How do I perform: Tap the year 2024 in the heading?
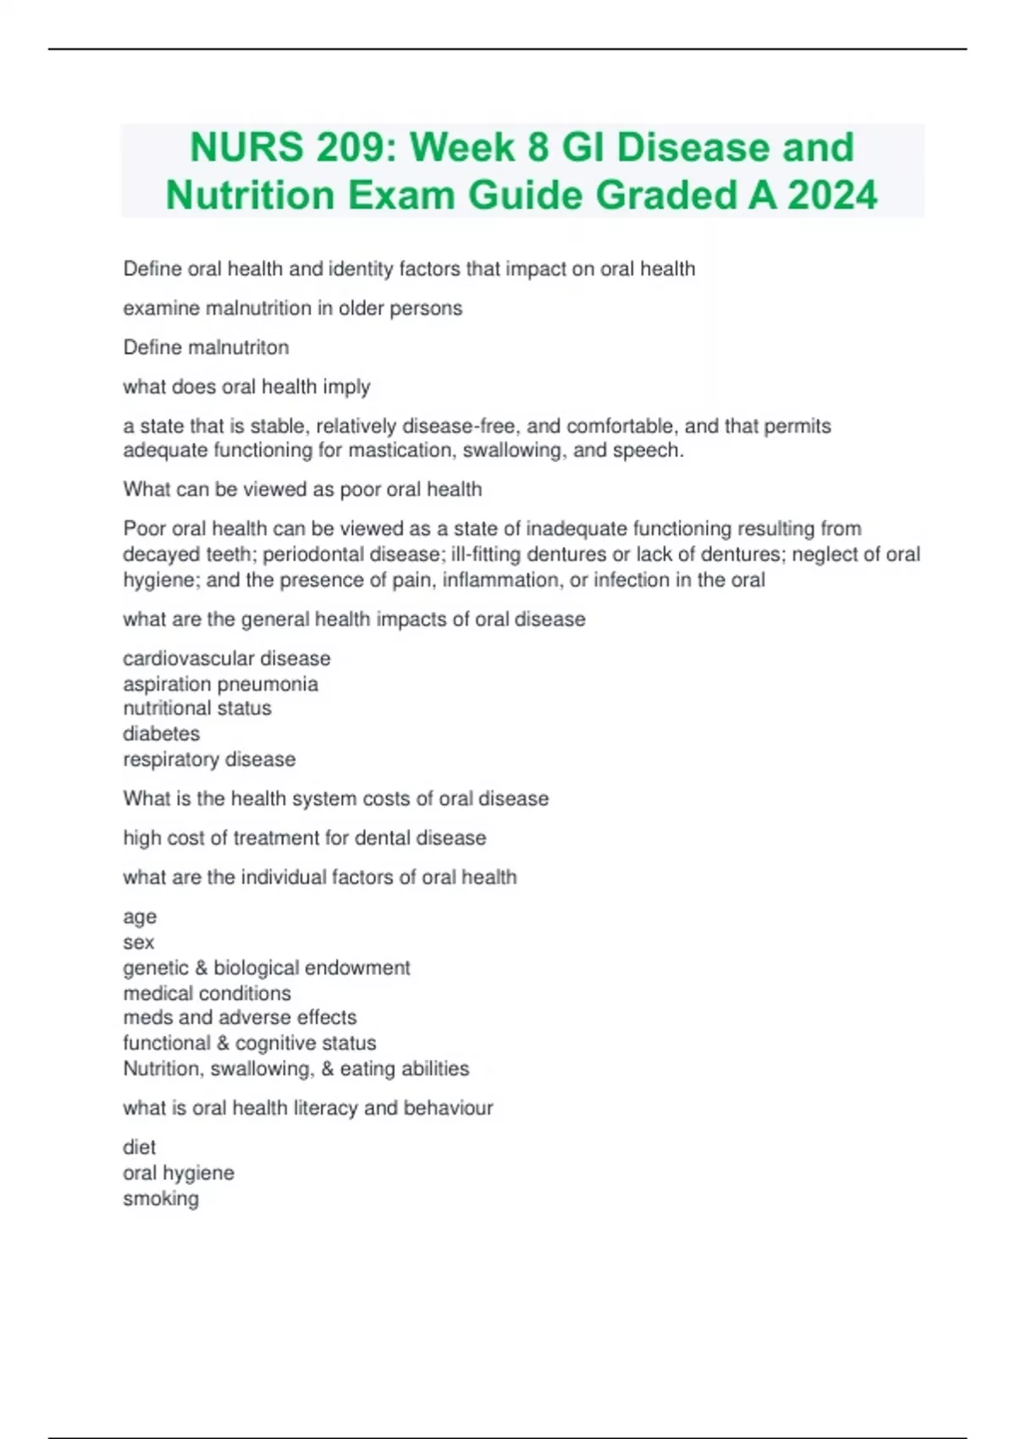(832, 196)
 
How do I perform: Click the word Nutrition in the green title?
(250, 196)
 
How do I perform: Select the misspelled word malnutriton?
(243, 347)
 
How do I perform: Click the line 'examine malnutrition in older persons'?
(292, 308)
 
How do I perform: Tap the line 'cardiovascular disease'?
(226, 659)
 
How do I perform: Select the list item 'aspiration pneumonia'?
(220, 684)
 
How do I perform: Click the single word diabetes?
(161, 734)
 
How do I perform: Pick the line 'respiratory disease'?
(209, 759)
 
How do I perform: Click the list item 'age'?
(140, 918)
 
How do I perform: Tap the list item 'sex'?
(138, 942)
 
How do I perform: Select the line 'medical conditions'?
(207, 993)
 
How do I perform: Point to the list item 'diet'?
(139, 1147)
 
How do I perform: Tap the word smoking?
(160, 1199)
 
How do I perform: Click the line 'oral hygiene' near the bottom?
(178, 1173)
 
